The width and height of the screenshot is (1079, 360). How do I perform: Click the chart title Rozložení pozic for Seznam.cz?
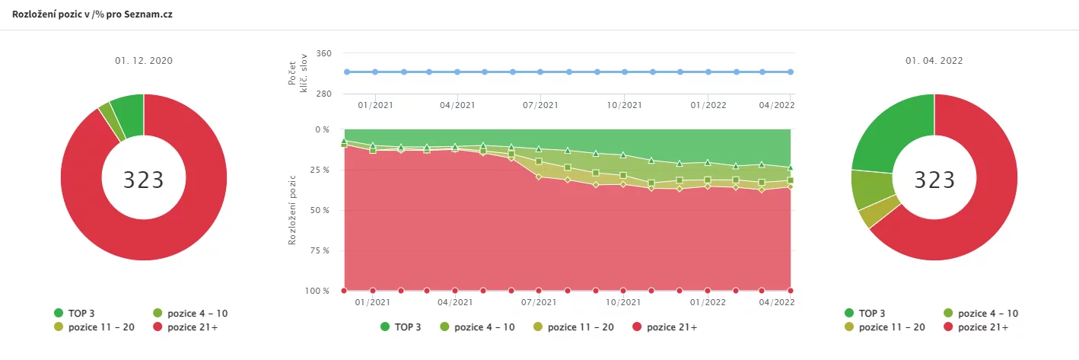coord(92,14)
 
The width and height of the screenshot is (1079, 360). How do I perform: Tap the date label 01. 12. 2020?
coord(144,61)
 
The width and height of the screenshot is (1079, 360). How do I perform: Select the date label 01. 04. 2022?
coord(934,61)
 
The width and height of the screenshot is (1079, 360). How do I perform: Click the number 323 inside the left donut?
coord(144,180)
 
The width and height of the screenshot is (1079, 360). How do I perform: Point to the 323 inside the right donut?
coord(934,180)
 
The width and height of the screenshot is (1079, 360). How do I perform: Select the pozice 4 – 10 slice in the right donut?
coord(865,190)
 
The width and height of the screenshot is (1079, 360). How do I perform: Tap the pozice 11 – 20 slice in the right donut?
coord(870,216)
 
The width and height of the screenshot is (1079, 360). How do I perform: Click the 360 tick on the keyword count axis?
coord(323,53)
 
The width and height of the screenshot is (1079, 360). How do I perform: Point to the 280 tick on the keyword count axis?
coord(323,94)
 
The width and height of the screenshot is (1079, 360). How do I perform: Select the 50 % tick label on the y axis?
coord(319,210)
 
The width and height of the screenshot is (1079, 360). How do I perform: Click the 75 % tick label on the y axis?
coord(319,250)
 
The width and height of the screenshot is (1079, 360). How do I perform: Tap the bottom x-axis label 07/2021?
coord(539,302)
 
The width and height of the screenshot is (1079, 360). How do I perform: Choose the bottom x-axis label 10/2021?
coord(622,302)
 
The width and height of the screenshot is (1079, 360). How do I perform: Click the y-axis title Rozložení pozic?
coord(292,211)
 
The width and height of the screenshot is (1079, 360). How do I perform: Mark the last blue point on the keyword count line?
coord(791,72)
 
